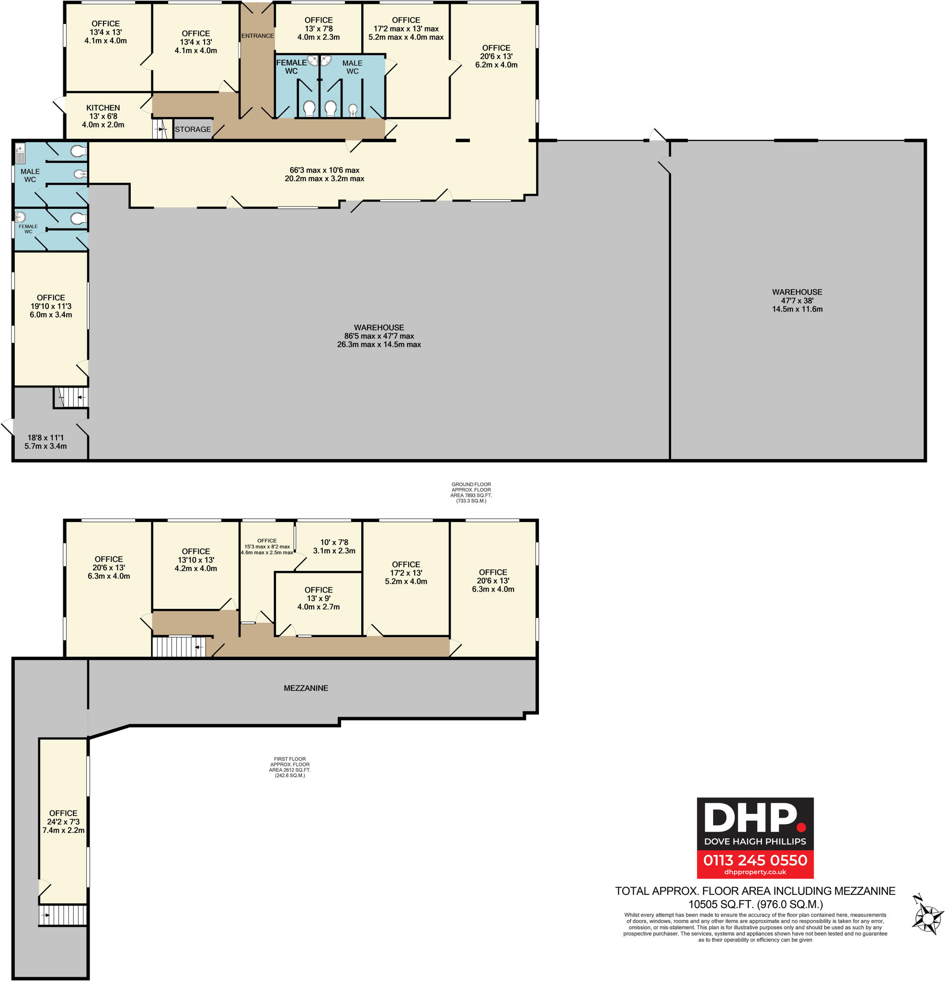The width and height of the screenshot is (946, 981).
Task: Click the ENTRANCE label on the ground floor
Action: click(x=257, y=36)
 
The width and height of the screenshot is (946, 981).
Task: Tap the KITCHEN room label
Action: click(x=103, y=108)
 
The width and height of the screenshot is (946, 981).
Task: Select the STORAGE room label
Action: click(x=193, y=129)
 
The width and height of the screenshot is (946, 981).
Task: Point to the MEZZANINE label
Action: click(x=306, y=688)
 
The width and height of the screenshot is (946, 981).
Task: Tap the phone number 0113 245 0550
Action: click(x=755, y=860)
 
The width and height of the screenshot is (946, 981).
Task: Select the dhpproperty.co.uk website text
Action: click(x=755, y=872)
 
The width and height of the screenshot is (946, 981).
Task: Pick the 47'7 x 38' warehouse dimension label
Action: click(x=798, y=301)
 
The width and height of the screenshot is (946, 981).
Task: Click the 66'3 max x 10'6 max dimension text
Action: click(x=324, y=170)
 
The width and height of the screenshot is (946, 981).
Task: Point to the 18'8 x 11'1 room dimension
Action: click(x=46, y=437)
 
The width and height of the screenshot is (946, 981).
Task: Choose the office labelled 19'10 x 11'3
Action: click(x=51, y=306)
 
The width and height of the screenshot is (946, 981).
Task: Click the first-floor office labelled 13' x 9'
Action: click(x=319, y=598)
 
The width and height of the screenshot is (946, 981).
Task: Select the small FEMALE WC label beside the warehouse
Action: click(x=28, y=229)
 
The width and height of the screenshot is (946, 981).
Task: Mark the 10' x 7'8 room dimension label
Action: click(x=334, y=542)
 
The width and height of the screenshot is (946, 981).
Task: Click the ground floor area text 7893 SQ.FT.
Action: click(x=471, y=495)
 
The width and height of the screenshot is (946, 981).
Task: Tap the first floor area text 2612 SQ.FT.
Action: click(x=290, y=770)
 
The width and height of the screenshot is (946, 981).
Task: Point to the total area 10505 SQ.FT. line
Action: click(x=755, y=904)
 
